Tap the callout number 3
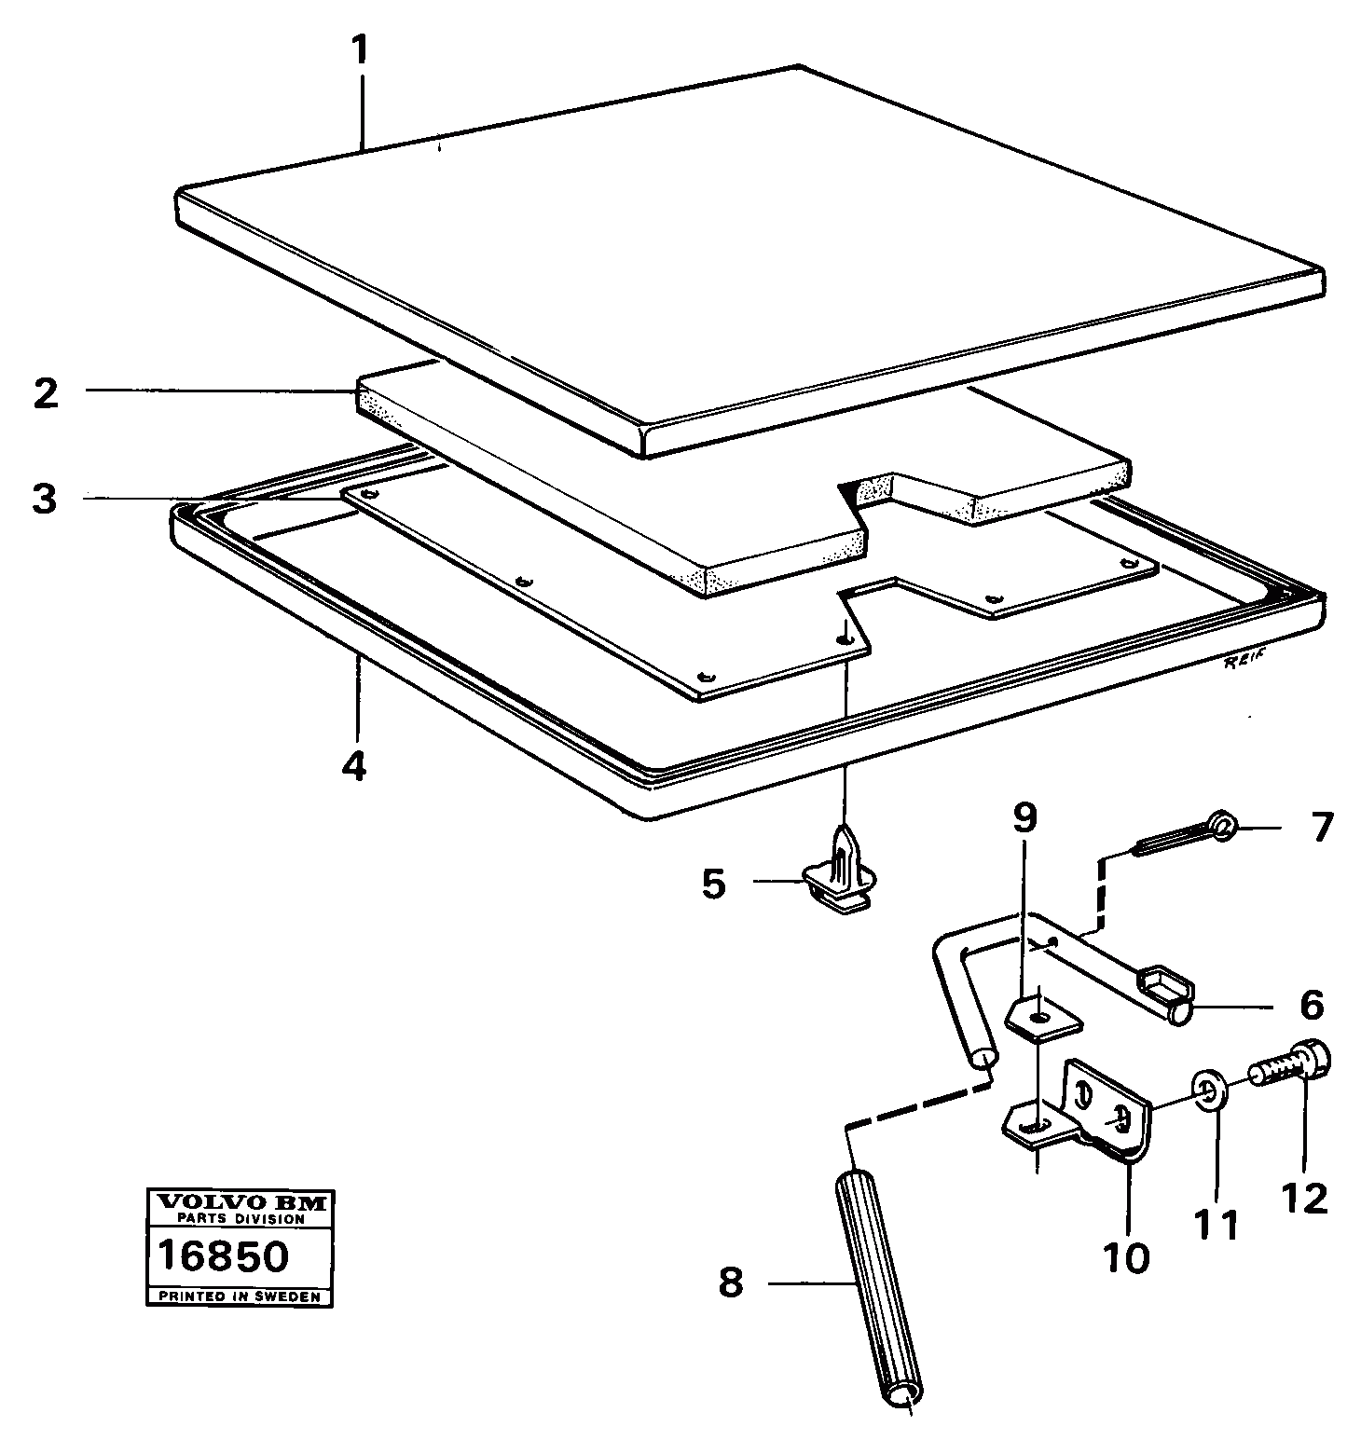point(43,499)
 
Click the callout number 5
point(713,884)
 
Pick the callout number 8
point(731,1283)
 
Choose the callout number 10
point(1126,1257)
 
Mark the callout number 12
point(1303,1198)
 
